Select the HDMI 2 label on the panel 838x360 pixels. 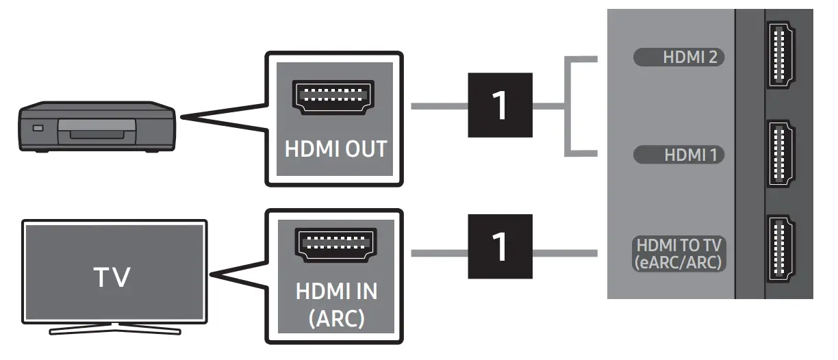click(679, 58)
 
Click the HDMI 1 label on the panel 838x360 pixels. click(679, 155)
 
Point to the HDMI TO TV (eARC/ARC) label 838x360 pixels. click(679, 253)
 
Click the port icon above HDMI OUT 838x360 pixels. click(333, 97)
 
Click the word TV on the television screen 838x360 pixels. click(114, 277)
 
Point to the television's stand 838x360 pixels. click(114, 330)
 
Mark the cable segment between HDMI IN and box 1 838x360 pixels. click(439, 253)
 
